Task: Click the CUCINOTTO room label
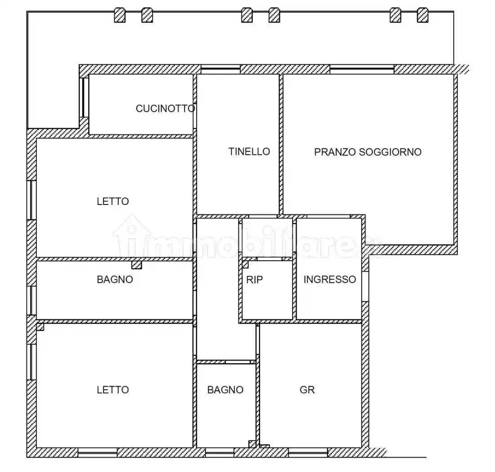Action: [x=165, y=108]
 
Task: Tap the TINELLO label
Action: [x=249, y=151]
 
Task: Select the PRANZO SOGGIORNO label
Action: [x=368, y=152]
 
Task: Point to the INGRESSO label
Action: [x=329, y=279]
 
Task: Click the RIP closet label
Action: [x=254, y=280]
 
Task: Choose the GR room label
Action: [x=307, y=390]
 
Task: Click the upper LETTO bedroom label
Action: [x=112, y=201]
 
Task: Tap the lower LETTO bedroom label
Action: [x=112, y=390]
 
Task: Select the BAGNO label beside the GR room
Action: [x=225, y=390]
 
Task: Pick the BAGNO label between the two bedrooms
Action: [x=115, y=279]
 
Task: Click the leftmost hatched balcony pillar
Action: [x=120, y=15]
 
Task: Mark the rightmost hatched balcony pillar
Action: [x=423, y=15]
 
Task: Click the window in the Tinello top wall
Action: [x=220, y=69]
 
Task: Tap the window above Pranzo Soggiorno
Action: [x=362, y=69]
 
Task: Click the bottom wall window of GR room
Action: [x=308, y=453]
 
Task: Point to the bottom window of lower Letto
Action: [x=98, y=453]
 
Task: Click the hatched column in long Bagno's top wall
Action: [x=137, y=265]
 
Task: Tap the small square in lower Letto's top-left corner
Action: [x=40, y=327]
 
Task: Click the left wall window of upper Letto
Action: [x=31, y=200]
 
